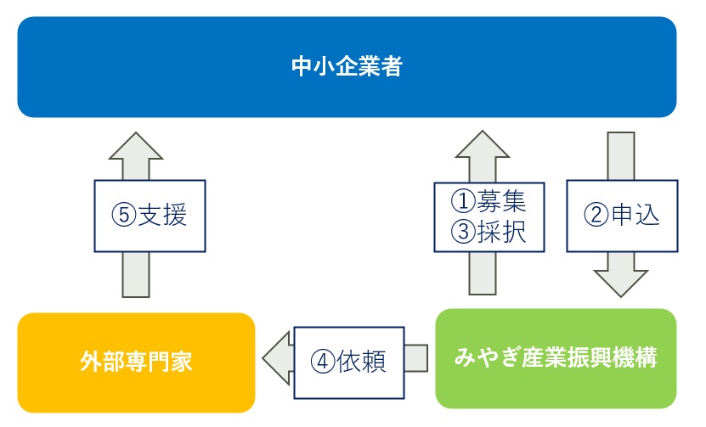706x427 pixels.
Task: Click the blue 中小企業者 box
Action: [x=347, y=67]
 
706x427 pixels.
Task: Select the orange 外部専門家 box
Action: [x=137, y=362]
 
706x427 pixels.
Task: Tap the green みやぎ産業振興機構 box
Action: [x=556, y=358]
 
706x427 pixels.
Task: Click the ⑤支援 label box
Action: [x=150, y=216]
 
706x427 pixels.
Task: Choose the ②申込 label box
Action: [x=622, y=216]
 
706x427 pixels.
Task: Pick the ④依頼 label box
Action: [x=349, y=362]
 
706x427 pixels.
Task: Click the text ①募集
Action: [x=489, y=200]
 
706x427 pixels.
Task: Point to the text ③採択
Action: [x=489, y=232]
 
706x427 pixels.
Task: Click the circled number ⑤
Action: [x=124, y=215]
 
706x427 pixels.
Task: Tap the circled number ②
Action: [x=596, y=215]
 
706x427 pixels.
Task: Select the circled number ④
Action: [x=323, y=362]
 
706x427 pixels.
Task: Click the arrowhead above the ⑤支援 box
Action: [x=136, y=146]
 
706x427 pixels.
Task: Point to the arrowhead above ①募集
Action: [x=483, y=144]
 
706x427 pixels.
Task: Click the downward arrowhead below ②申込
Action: [x=621, y=284]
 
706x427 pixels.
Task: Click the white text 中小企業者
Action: [x=347, y=66]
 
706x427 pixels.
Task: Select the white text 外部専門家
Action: [x=137, y=362]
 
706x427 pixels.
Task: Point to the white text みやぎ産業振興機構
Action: [x=556, y=357]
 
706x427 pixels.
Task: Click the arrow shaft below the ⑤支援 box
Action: [x=136, y=274]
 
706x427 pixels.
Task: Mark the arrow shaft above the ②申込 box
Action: [x=621, y=156]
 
